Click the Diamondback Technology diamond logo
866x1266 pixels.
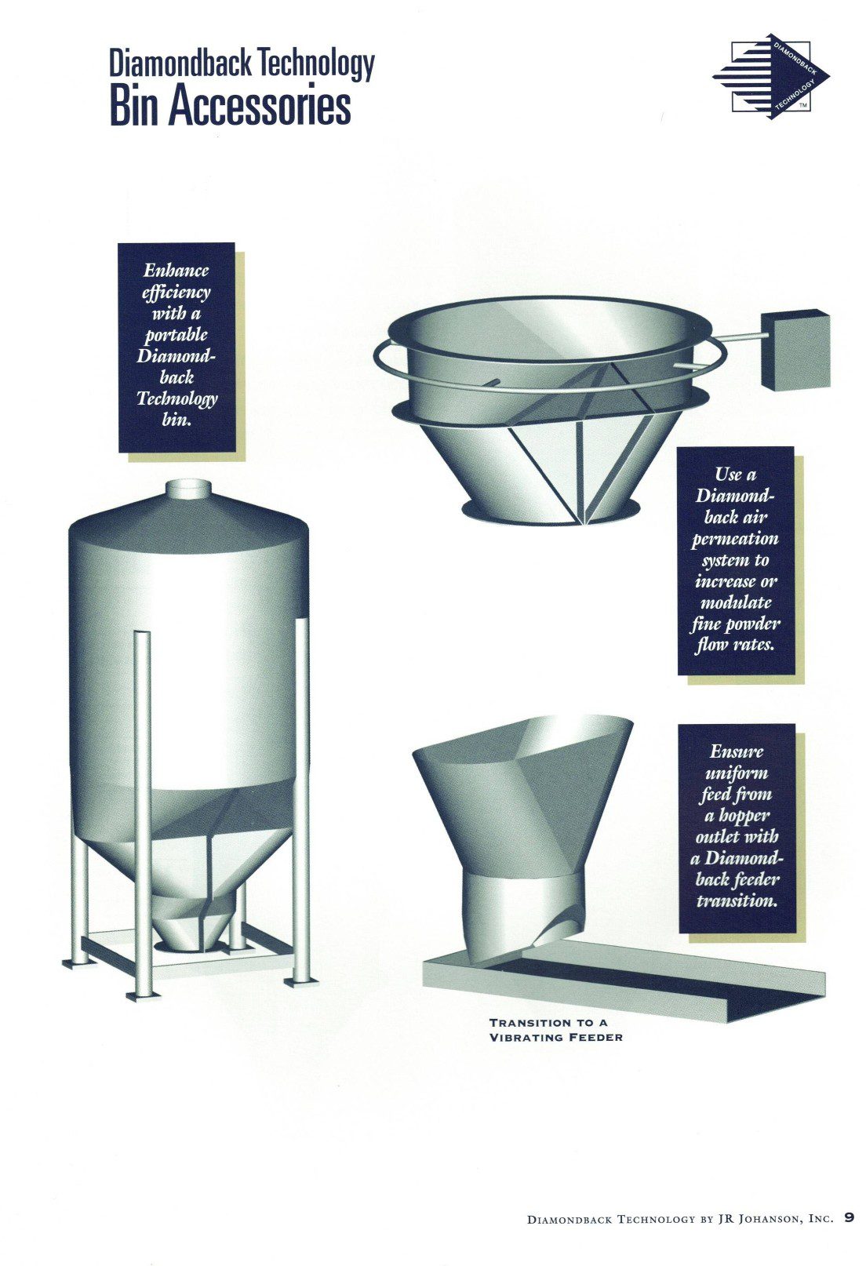tap(772, 78)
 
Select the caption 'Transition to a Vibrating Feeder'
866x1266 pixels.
tap(555, 1030)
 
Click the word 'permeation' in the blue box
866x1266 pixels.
tap(736, 540)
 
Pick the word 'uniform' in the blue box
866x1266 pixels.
tap(736, 773)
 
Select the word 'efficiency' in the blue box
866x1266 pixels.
tap(176, 293)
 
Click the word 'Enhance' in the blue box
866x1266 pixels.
tap(176, 271)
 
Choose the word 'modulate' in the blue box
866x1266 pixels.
tap(736, 602)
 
